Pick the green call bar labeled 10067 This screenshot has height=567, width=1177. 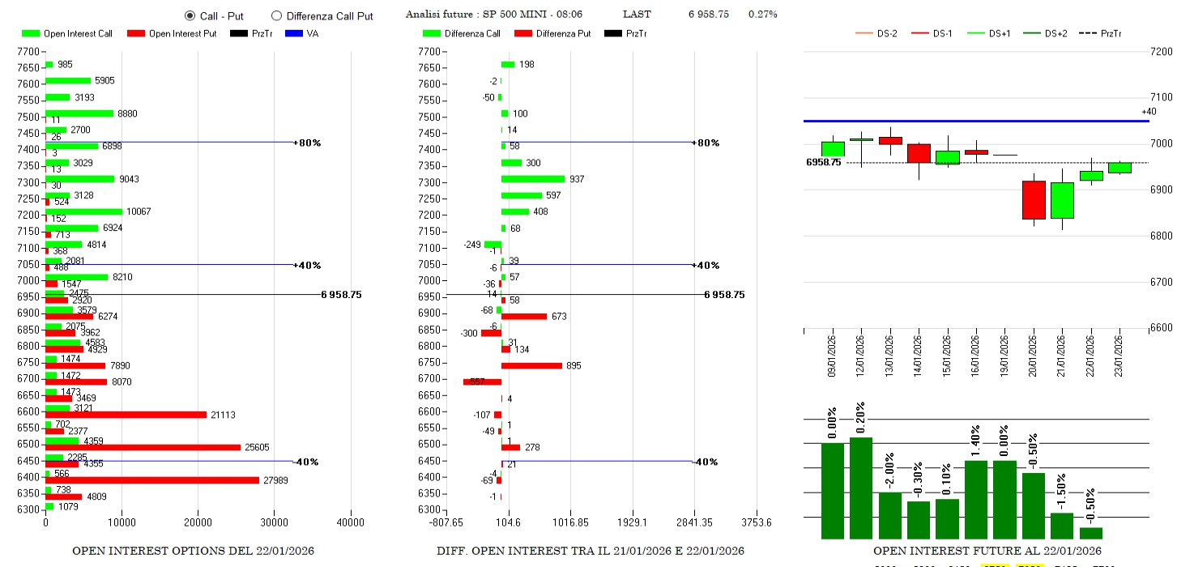click(83, 211)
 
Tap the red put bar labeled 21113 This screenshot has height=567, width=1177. click(126, 415)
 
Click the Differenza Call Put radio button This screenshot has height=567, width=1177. click(276, 15)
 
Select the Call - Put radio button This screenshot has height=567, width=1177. click(190, 15)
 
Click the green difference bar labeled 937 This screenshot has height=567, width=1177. click(532, 179)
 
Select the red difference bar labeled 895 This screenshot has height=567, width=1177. click(531, 365)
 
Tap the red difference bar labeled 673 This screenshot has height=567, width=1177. click(523, 316)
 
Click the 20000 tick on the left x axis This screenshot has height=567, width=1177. click(198, 522)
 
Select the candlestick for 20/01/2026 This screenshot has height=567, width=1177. click(1034, 199)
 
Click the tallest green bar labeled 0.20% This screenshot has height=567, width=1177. click(861, 488)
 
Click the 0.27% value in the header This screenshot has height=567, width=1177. click(762, 15)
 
